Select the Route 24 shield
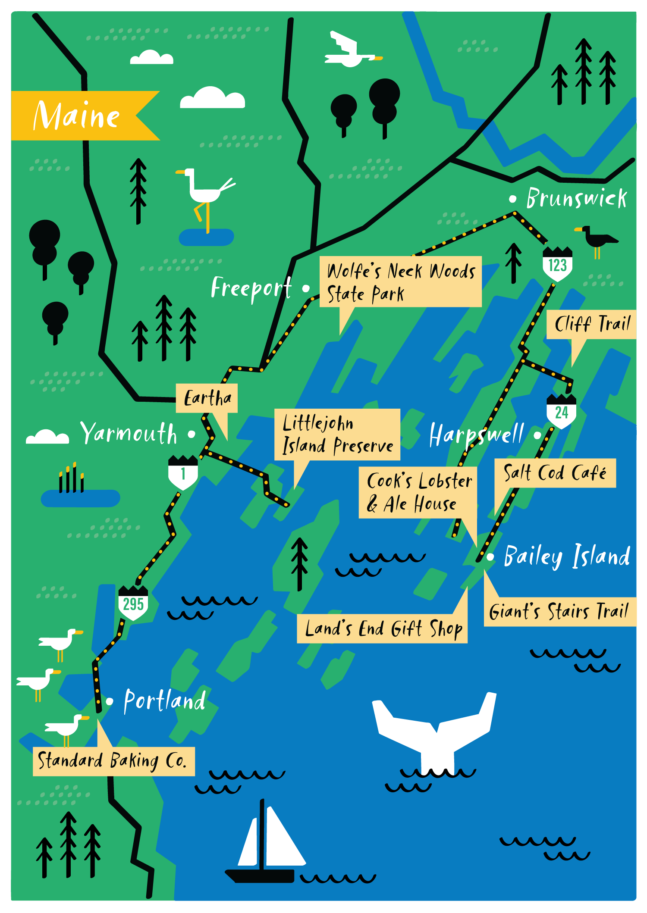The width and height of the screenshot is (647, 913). [561, 412]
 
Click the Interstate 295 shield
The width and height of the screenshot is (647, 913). [133, 603]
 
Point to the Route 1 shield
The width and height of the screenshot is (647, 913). [183, 473]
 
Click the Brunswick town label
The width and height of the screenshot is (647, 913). [576, 199]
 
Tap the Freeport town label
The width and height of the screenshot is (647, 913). [251, 288]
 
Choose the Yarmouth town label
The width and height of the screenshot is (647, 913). [129, 433]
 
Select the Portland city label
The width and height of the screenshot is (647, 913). [164, 700]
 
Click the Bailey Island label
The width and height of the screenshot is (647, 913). [567, 556]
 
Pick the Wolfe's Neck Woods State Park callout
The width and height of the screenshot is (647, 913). [400, 282]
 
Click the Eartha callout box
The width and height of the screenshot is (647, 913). [207, 398]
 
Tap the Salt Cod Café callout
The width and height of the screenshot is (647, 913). [555, 473]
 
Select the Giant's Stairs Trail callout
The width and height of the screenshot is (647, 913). [559, 611]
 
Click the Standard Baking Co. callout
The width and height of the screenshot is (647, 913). [113, 761]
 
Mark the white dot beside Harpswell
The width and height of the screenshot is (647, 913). [537, 435]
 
